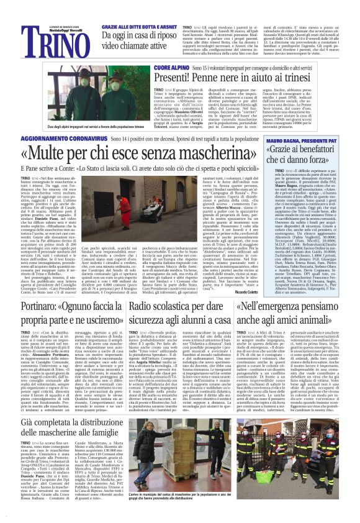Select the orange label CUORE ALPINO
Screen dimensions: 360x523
(x=153, y=65)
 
